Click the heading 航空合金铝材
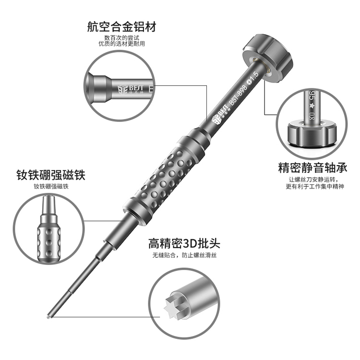pos(122,26)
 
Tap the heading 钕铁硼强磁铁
pos(51,175)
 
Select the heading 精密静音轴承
pos(312,168)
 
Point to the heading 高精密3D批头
pos(184,243)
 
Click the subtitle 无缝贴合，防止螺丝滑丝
pos(185,255)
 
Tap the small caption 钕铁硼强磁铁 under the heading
pos(51,186)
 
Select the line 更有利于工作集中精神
pos(315,186)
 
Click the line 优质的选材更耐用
pos(122,44)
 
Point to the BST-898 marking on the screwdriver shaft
pos(238,95)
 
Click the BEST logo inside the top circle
pos(131,90)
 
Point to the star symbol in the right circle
pos(312,106)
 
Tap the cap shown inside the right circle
pos(312,134)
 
